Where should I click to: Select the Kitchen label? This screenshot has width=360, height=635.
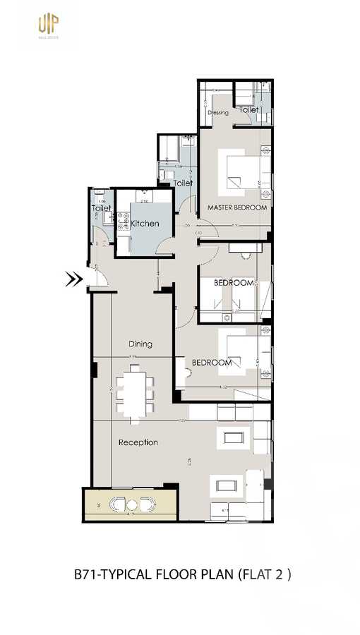145,224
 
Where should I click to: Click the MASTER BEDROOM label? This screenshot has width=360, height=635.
237,207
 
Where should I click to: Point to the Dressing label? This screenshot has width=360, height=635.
218,113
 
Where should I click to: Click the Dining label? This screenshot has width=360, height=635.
140,344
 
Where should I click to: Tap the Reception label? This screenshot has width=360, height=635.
138,442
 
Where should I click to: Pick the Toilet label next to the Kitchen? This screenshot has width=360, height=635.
102,208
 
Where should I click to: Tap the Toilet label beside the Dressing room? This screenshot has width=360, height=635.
248,110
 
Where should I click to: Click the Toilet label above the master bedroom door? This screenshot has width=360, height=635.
184,183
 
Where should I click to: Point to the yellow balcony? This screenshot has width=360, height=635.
131,504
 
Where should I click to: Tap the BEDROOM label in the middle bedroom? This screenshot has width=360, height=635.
234,283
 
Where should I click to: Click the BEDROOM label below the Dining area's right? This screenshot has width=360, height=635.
212,363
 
